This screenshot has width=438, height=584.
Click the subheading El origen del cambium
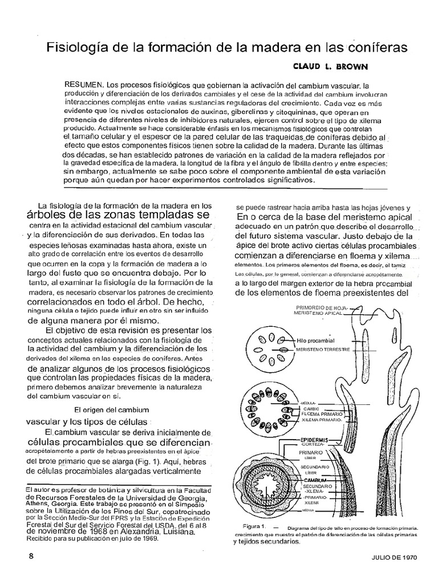pos(112,409)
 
